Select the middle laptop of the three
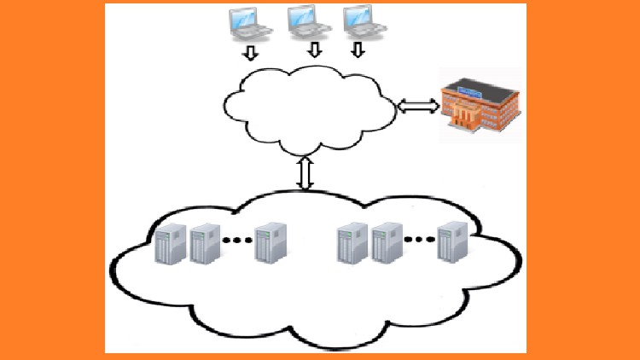point(308,23)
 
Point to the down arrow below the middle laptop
point(315,49)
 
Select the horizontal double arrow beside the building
point(418,106)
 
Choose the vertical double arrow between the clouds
point(305,173)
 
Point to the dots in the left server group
point(238,241)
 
